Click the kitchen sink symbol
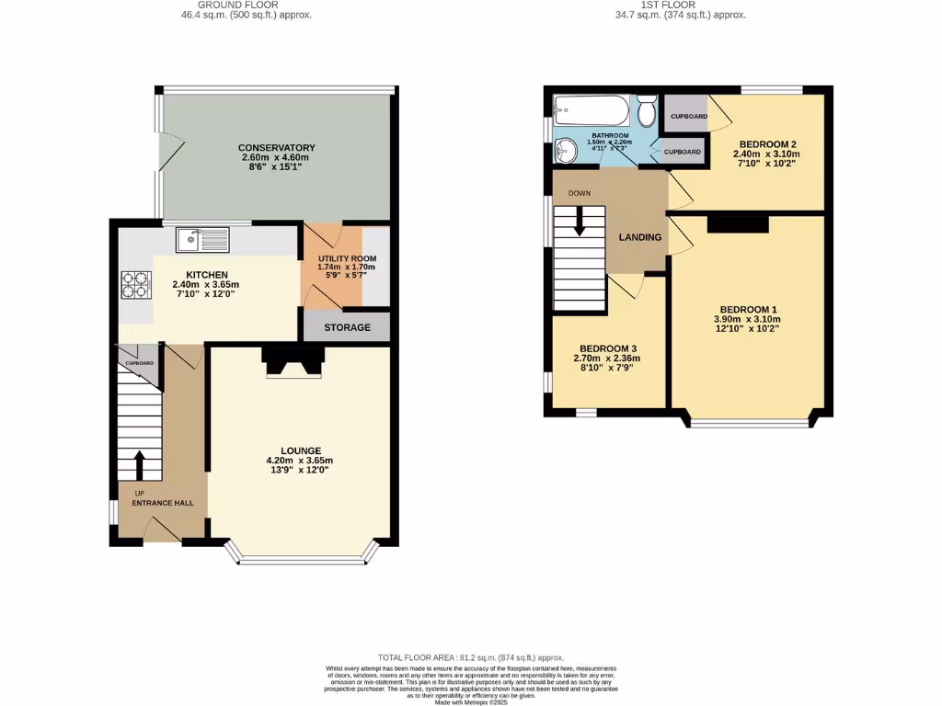(x=202, y=239)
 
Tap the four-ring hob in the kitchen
(x=134, y=284)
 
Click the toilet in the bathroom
(x=646, y=113)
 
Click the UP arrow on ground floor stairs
(x=138, y=465)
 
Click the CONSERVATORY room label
(x=276, y=148)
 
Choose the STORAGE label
(x=347, y=327)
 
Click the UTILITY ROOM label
(x=347, y=259)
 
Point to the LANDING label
(x=639, y=237)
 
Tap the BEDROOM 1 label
(x=748, y=309)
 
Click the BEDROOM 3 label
(x=605, y=348)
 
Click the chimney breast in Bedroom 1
(x=737, y=223)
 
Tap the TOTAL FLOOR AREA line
(x=470, y=658)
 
